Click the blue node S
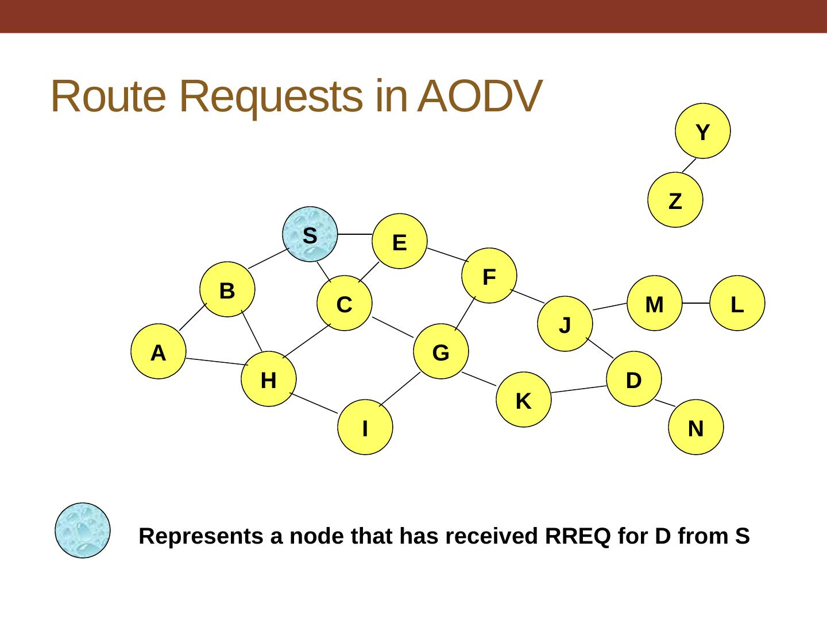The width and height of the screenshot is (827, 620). tap(310, 234)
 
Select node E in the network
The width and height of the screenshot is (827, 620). tap(400, 242)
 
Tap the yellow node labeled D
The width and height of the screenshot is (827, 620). tap(634, 379)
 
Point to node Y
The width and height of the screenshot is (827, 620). tap(703, 131)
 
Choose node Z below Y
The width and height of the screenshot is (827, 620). tap(675, 200)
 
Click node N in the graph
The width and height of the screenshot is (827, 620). tap(696, 428)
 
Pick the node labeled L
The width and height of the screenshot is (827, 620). tap(737, 304)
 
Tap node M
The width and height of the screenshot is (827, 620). tap(655, 304)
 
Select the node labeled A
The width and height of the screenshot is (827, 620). tap(159, 352)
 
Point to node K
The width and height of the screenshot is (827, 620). tap(524, 400)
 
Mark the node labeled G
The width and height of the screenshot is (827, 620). tap(441, 352)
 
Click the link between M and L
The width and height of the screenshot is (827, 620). tap(696, 303)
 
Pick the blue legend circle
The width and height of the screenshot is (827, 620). tap(83, 530)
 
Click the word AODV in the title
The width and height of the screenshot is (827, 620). tap(480, 96)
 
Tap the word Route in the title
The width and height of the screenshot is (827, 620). tap(108, 96)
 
